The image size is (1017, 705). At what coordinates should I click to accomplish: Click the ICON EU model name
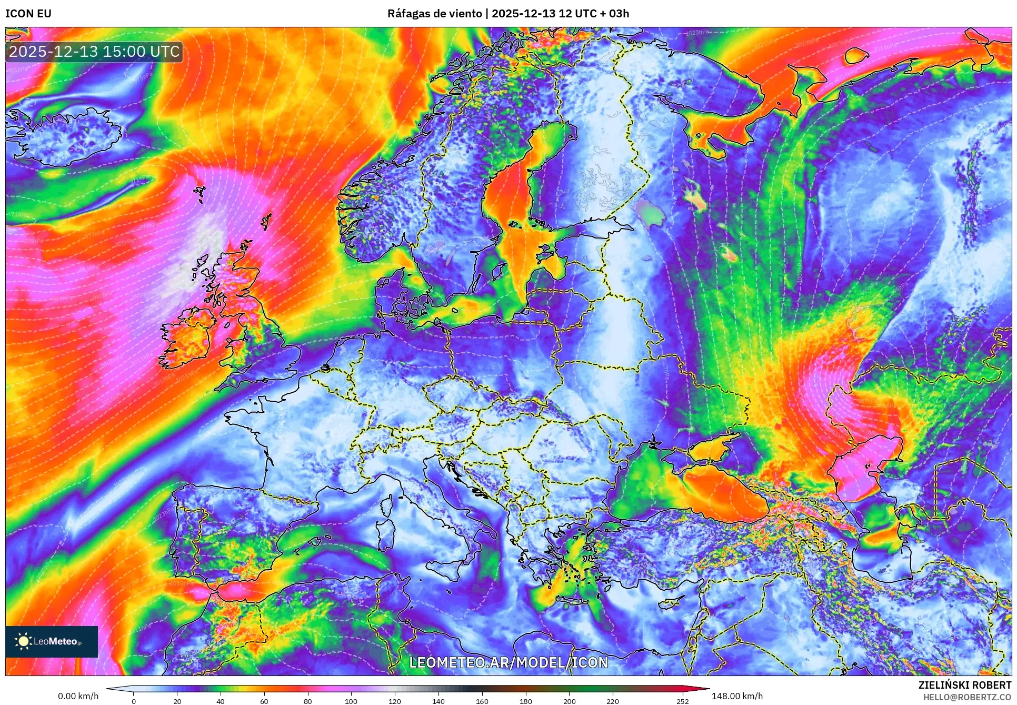28,14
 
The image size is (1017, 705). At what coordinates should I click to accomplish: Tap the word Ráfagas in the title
407,14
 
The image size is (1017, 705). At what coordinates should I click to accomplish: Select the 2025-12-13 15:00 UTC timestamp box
94,52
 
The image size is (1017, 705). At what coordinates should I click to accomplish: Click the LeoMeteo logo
51,641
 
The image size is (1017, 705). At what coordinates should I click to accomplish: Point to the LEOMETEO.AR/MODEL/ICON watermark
508,662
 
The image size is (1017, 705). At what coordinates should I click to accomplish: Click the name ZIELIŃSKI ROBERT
964,685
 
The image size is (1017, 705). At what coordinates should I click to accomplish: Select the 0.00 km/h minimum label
78,696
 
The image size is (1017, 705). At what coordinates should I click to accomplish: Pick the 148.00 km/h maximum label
737,696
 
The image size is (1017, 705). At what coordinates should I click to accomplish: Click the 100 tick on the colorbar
351,701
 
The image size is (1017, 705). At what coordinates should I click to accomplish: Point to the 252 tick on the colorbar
683,701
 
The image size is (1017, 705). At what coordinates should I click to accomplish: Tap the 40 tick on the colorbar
221,701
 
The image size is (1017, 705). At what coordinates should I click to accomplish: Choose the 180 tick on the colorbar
525,701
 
